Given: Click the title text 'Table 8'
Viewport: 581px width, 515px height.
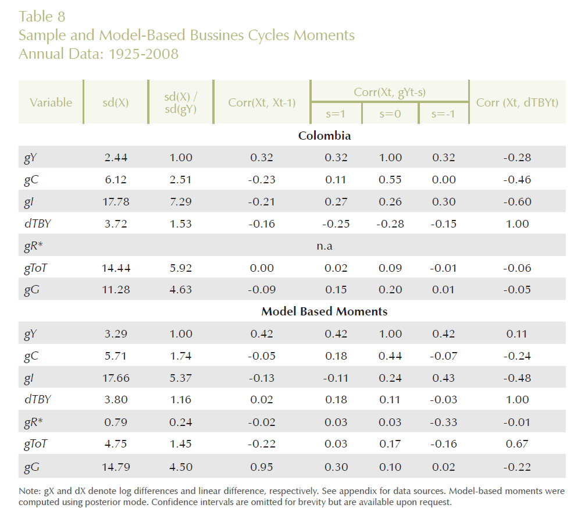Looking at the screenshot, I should pos(42,16).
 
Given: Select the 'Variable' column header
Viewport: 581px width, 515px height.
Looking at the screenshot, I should pos(51,102).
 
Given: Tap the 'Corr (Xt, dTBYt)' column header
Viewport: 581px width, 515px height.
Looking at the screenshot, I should pos(517,102).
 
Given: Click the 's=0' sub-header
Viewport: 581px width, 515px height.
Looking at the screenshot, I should pos(390,114).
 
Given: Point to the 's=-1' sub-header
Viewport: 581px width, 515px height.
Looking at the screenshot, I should pos(443,114).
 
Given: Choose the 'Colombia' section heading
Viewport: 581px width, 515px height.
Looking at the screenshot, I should pos(325,136).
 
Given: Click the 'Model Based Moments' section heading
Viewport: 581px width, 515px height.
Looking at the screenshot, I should pos(325,311).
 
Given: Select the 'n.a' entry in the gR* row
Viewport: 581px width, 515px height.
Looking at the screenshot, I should pos(325,246).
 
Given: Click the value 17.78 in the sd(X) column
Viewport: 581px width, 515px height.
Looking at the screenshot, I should pos(115,202).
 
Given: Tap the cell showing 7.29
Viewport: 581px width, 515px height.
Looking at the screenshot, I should pos(178,202).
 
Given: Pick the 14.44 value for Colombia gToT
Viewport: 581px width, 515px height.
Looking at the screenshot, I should pos(115,268).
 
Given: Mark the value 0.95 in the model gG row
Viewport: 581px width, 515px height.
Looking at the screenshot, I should pos(261,466).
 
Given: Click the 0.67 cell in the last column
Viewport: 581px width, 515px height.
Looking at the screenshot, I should pos(517,444).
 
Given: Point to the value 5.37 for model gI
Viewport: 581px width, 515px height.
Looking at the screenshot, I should pos(178,378).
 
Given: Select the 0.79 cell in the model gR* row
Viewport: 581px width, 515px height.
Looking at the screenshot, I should pos(115,422).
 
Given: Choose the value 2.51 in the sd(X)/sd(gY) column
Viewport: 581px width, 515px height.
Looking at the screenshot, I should pos(178,180).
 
